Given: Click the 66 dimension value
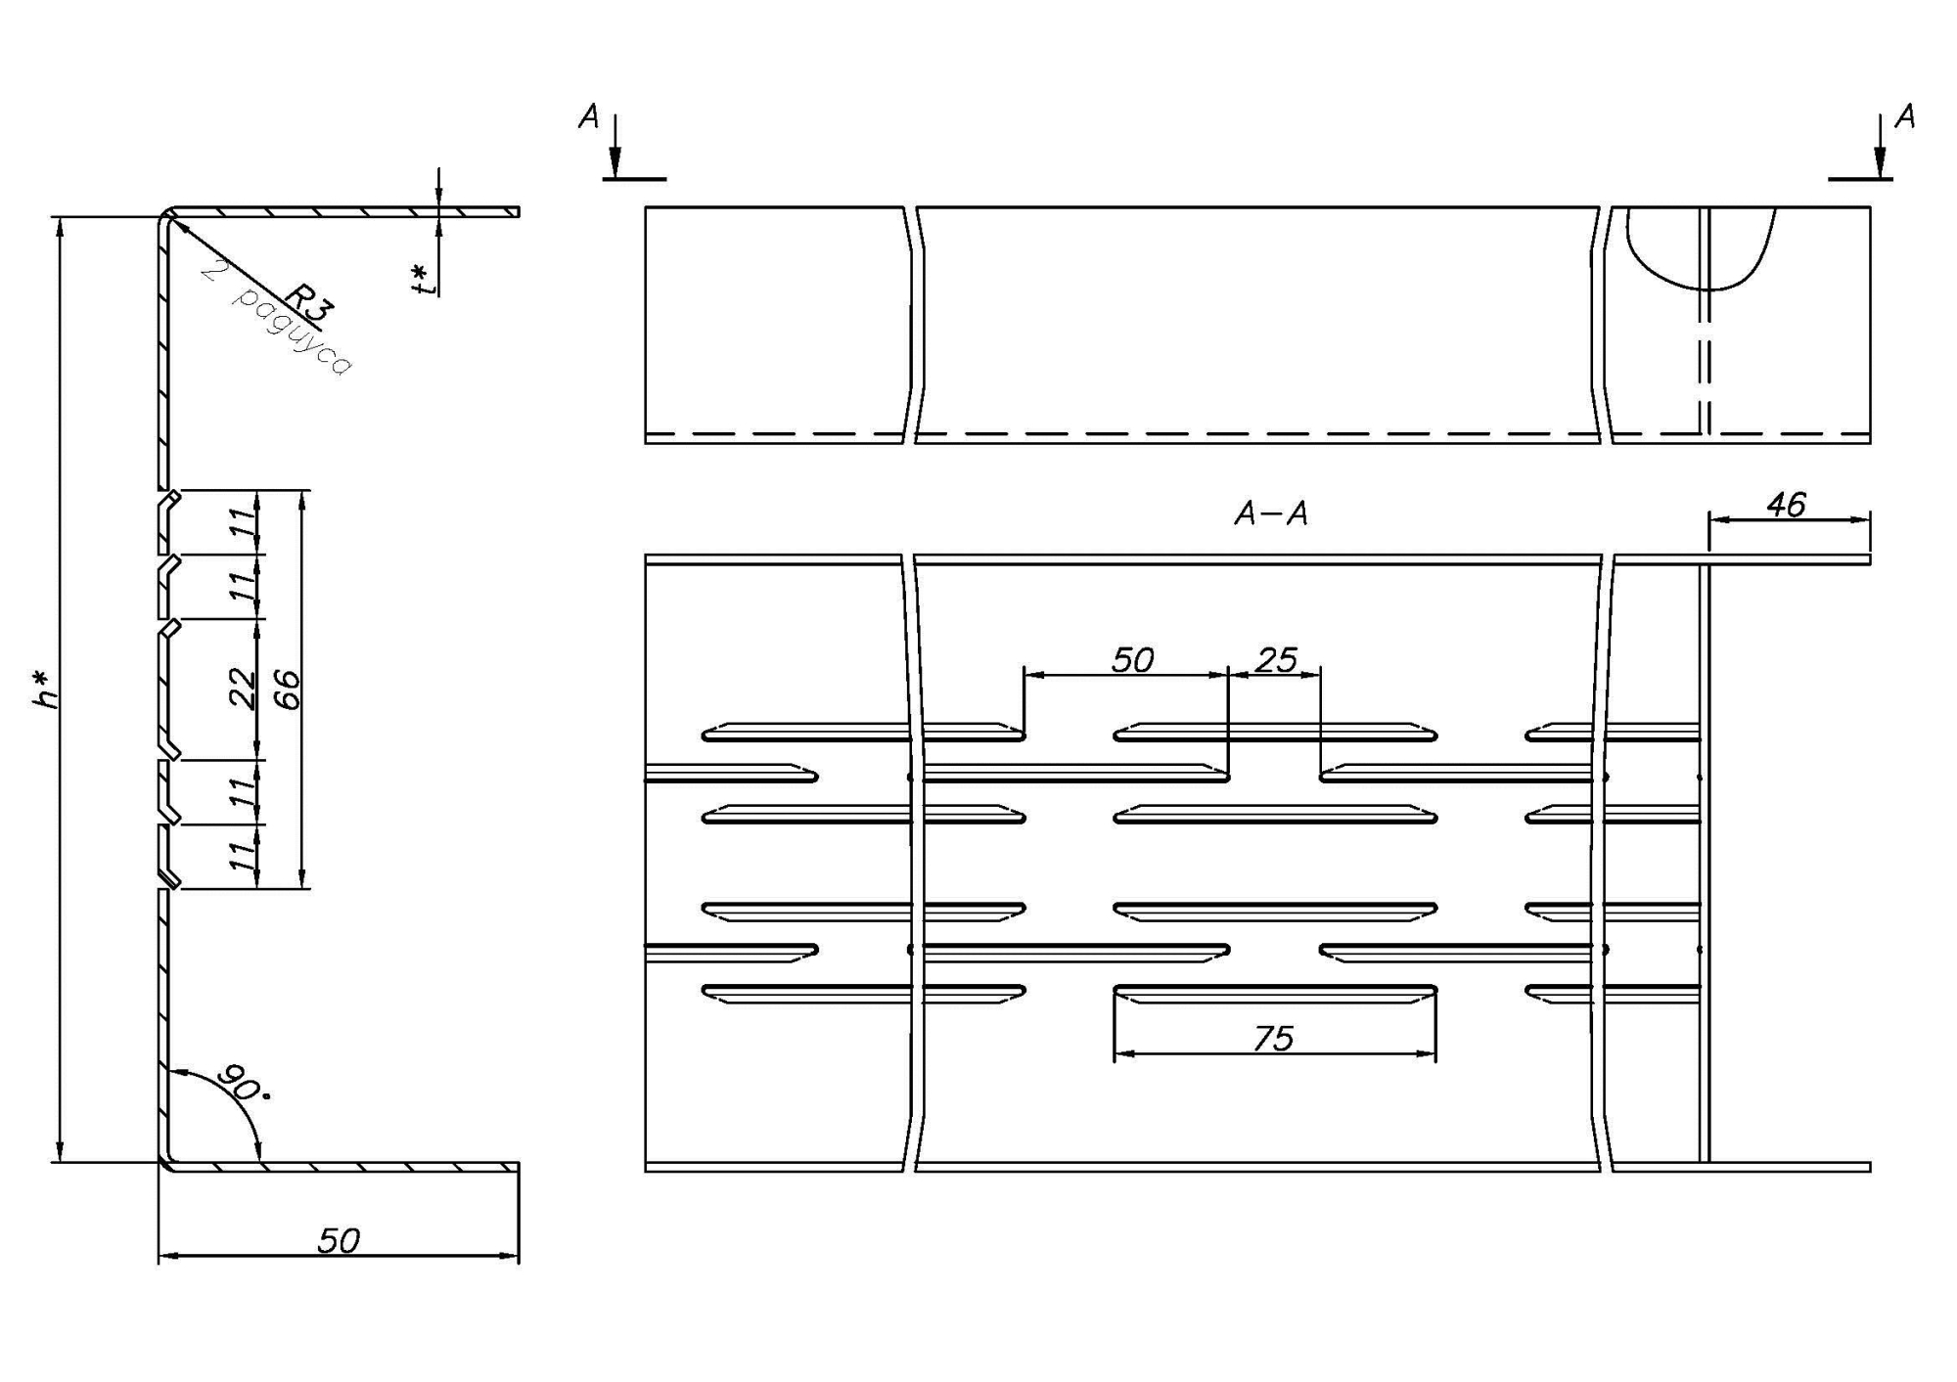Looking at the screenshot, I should tap(286, 689).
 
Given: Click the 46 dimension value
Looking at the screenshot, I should tap(1786, 505).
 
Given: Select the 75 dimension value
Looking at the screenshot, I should tap(1273, 1038).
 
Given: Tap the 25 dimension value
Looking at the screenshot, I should tap(1276, 660).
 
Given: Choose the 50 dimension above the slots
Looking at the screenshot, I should tap(1132, 660).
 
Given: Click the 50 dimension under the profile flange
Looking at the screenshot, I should tap(339, 1240).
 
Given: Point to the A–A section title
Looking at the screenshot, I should tap(1271, 513).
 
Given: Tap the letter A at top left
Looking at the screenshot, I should tap(588, 117).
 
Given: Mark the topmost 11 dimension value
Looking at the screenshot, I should tap(242, 522).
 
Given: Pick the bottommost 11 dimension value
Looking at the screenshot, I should tap(242, 856).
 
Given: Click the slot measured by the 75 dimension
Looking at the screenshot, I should tap(1275, 994).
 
